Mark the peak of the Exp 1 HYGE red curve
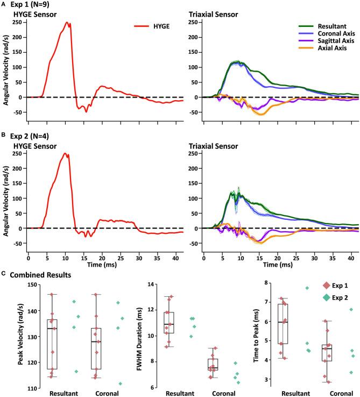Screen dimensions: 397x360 click(x=67, y=23)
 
